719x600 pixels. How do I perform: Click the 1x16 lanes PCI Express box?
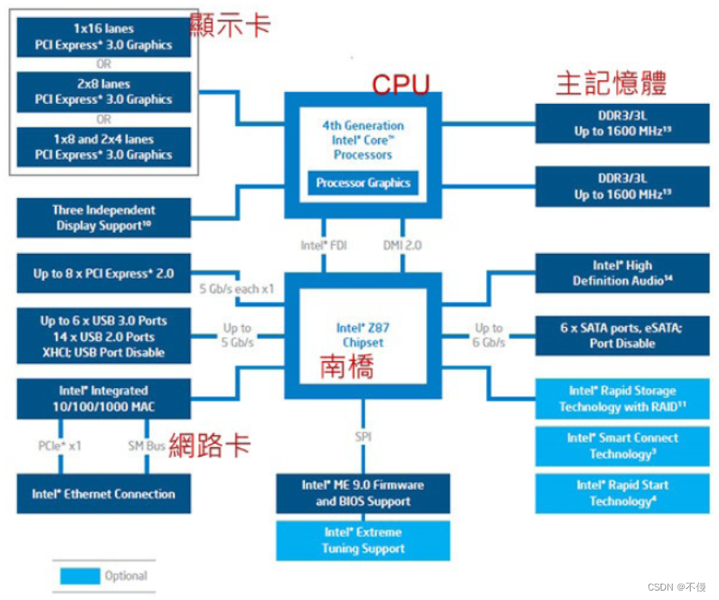coord(103,37)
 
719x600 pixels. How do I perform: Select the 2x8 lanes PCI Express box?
coord(103,91)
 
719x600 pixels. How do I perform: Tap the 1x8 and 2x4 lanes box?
coord(103,147)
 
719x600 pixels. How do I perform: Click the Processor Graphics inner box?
coord(363,182)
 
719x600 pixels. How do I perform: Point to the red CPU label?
coord(400,85)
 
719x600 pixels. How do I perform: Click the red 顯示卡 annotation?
coord(231,24)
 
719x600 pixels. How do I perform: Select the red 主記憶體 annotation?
coord(611,82)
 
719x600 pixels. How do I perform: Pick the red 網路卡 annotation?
coord(210,445)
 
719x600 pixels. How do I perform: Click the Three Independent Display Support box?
coord(103,217)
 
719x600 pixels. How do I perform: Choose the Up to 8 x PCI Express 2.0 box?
coord(103,274)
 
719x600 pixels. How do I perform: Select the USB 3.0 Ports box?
coord(103,336)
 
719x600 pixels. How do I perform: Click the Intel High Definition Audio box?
coord(622,273)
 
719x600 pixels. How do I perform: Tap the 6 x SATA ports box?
coord(622,335)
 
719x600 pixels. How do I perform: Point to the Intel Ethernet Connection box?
coord(103,494)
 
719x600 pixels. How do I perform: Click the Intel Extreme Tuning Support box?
coord(363,540)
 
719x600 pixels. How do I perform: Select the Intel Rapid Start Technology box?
coord(622,493)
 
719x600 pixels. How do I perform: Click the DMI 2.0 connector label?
coord(402,245)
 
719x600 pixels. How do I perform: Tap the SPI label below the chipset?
coord(363,437)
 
